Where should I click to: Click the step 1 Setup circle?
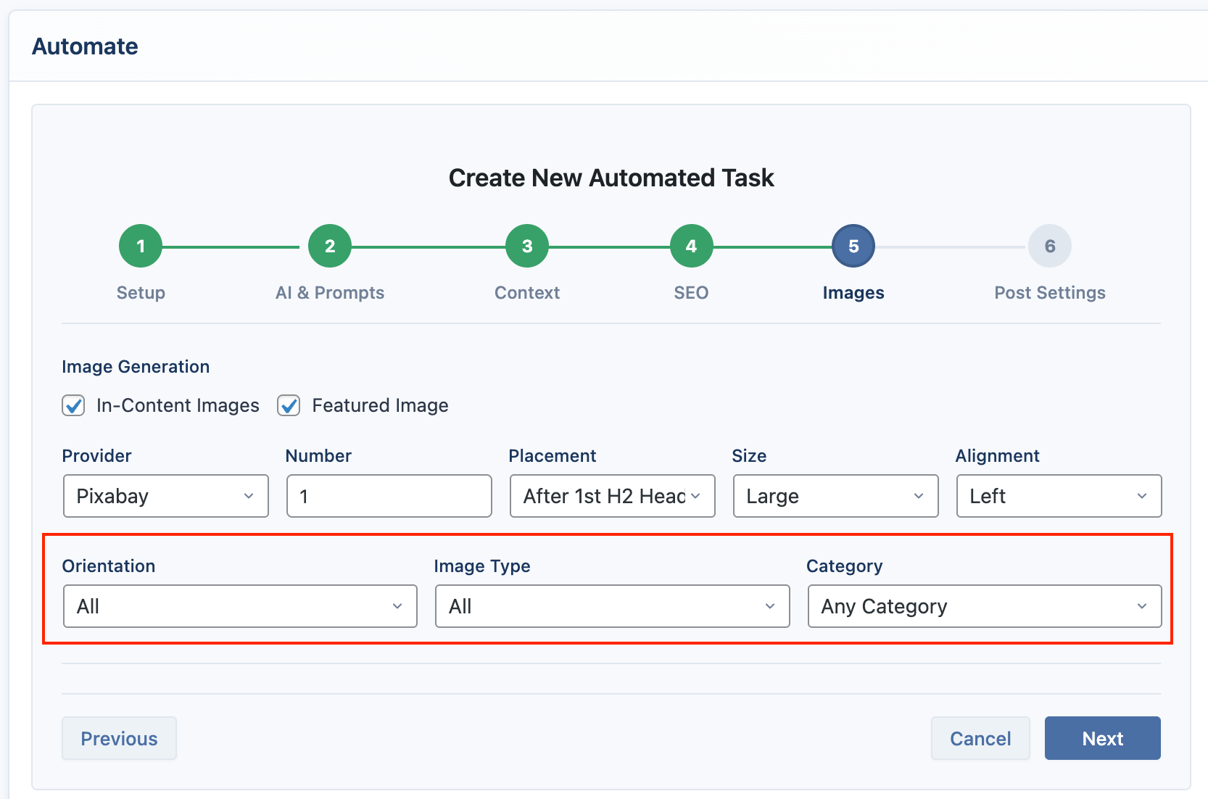[x=141, y=246]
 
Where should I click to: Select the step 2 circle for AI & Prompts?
[x=330, y=246]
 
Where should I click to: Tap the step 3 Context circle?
[x=527, y=246]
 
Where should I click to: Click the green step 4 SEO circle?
[x=691, y=246]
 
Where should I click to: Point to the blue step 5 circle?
[x=853, y=246]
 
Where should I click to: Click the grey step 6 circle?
[x=1049, y=246]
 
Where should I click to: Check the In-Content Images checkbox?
[x=73, y=405]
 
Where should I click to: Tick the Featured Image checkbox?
[x=289, y=405]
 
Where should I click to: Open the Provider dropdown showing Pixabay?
[x=165, y=496]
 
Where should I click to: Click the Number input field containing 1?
[x=389, y=496]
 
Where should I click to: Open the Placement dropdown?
[x=613, y=496]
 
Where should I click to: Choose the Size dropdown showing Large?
[x=836, y=496]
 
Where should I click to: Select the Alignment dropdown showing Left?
[x=1059, y=496]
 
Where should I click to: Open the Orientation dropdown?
[x=240, y=606]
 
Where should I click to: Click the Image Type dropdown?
[x=613, y=606]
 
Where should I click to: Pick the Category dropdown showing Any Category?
[x=985, y=606]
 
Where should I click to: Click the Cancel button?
[x=980, y=738]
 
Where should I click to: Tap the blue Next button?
[x=1103, y=738]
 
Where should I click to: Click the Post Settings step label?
[x=1050, y=293]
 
